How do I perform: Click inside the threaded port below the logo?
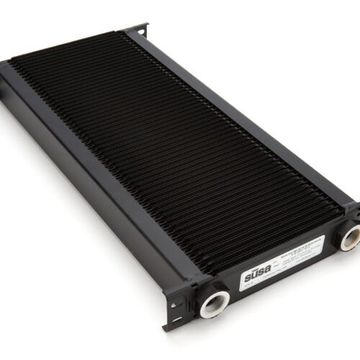tap(215, 302)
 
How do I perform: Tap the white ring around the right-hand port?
tap(351, 238)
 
